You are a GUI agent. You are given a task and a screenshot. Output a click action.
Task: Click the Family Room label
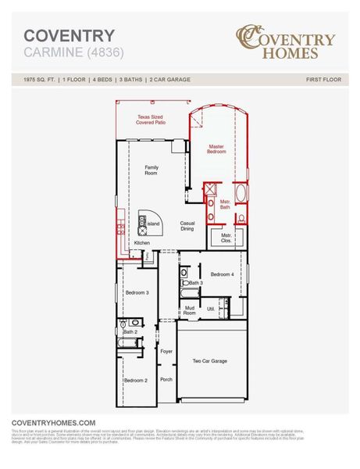click(x=151, y=170)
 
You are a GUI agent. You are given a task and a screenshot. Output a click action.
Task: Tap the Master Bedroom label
click(x=216, y=149)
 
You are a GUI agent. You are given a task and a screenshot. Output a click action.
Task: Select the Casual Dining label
click(x=187, y=226)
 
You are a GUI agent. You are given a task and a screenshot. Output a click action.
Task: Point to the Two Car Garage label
click(x=209, y=361)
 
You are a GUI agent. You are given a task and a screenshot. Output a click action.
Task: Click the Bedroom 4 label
click(x=223, y=274)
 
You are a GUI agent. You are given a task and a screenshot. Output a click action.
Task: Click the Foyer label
click(x=166, y=352)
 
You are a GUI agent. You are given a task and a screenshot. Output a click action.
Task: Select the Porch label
click(x=166, y=379)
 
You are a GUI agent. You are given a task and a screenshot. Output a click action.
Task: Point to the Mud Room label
click(x=190, y=310)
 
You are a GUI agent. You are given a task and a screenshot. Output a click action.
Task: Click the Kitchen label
click(x=141, y=243)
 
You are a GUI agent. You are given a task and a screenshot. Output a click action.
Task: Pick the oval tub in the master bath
click(x=241, y=193)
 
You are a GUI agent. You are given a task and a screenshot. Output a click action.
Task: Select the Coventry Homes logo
click(x=286, y=42)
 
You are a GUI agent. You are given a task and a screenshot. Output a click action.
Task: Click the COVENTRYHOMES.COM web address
click(x=54, y=422)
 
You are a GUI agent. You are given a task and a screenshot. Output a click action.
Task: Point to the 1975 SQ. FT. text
click(x=39, y=80)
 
